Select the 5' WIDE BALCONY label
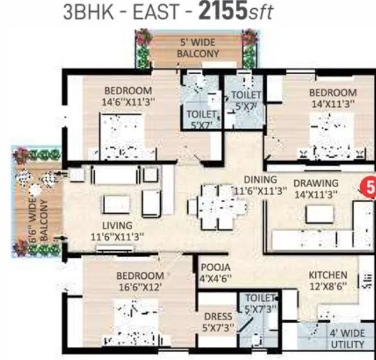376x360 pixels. tap(199, 49)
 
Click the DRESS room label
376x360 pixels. tap(218, 318)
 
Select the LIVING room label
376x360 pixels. tap(117, 225)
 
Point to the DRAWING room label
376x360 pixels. tap(316, 183)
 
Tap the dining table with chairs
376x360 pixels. tap(216, 206)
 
